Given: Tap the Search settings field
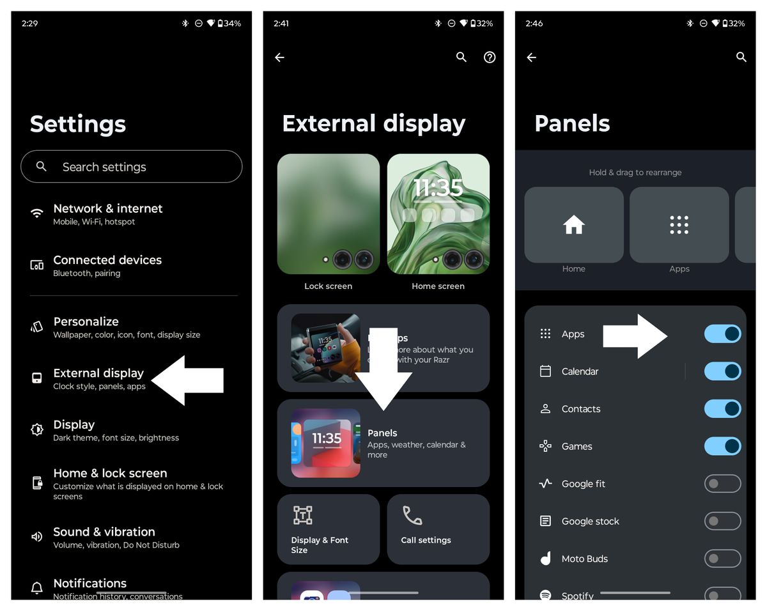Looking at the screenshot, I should (131, 167).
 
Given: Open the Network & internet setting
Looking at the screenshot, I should (107, 214).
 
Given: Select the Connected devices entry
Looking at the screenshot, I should (107, 266).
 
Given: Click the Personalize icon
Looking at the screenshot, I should (37, 327).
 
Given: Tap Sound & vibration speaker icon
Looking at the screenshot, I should (37, 537).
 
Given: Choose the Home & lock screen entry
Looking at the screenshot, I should (110, 484).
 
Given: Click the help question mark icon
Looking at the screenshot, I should (490, 58).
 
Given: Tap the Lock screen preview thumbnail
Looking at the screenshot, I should (329, 214).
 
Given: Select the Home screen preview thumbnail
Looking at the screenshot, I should (438, 214).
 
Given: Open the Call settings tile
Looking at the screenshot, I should (438, 529).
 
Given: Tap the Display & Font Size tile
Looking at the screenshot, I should (329, 529).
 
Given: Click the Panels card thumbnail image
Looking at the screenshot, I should (326, 443).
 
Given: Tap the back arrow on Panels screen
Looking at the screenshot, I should (532, 58).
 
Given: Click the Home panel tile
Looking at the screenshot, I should (574, 225).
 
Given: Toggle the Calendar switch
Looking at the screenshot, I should (722, 371).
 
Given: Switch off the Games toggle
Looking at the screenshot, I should (722, 446).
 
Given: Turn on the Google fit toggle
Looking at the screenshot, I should (722, 484).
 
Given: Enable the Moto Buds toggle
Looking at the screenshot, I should (722, 559).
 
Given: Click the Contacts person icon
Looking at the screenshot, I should (545, 409).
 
